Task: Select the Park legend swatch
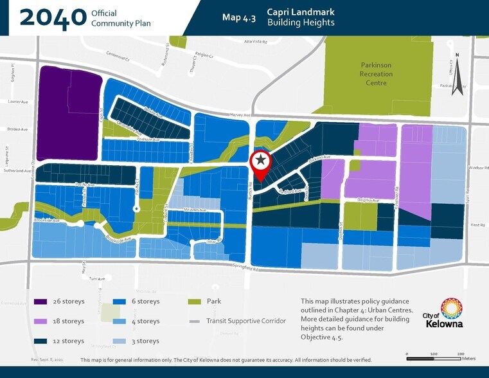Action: pos(195,301)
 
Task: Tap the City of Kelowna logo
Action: pos(443,313)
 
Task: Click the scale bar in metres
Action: pos(434,354)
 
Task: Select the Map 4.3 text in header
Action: pos(239,18)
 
